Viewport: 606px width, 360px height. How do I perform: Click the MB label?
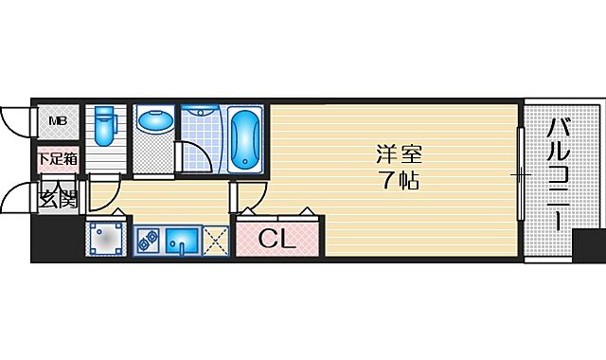[x=58, y=120]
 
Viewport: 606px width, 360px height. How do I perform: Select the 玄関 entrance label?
[x=56, y=200]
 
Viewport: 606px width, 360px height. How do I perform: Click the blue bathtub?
[x=246, y=138]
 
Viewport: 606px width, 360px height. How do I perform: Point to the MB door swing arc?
[x=14, y=121]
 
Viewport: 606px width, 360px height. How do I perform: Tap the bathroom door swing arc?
[x=196, y=156]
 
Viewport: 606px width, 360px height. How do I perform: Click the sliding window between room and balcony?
[x=519, y=174]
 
